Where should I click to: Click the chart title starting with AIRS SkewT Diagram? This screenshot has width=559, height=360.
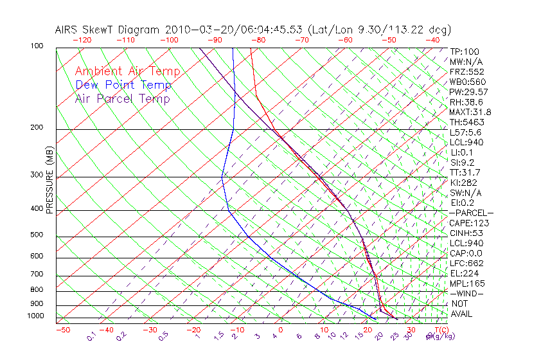(x=253, y=30)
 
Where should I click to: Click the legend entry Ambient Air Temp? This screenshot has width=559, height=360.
(x=127, y=71)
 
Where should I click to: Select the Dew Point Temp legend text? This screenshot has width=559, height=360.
(x=123, y=85)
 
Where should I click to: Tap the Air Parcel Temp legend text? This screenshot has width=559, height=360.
(x=122, y=98)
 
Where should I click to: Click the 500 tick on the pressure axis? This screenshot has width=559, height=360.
(x=37, y=235)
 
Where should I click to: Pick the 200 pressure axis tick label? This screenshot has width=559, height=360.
(x=37, y=128)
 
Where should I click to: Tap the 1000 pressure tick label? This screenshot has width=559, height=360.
(x=35, y=316)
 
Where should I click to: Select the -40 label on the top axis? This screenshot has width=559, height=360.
(x=432, y=40)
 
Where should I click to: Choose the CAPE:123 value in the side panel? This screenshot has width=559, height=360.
(x=469, y=223)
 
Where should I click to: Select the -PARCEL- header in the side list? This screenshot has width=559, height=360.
(x=472, y=213)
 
